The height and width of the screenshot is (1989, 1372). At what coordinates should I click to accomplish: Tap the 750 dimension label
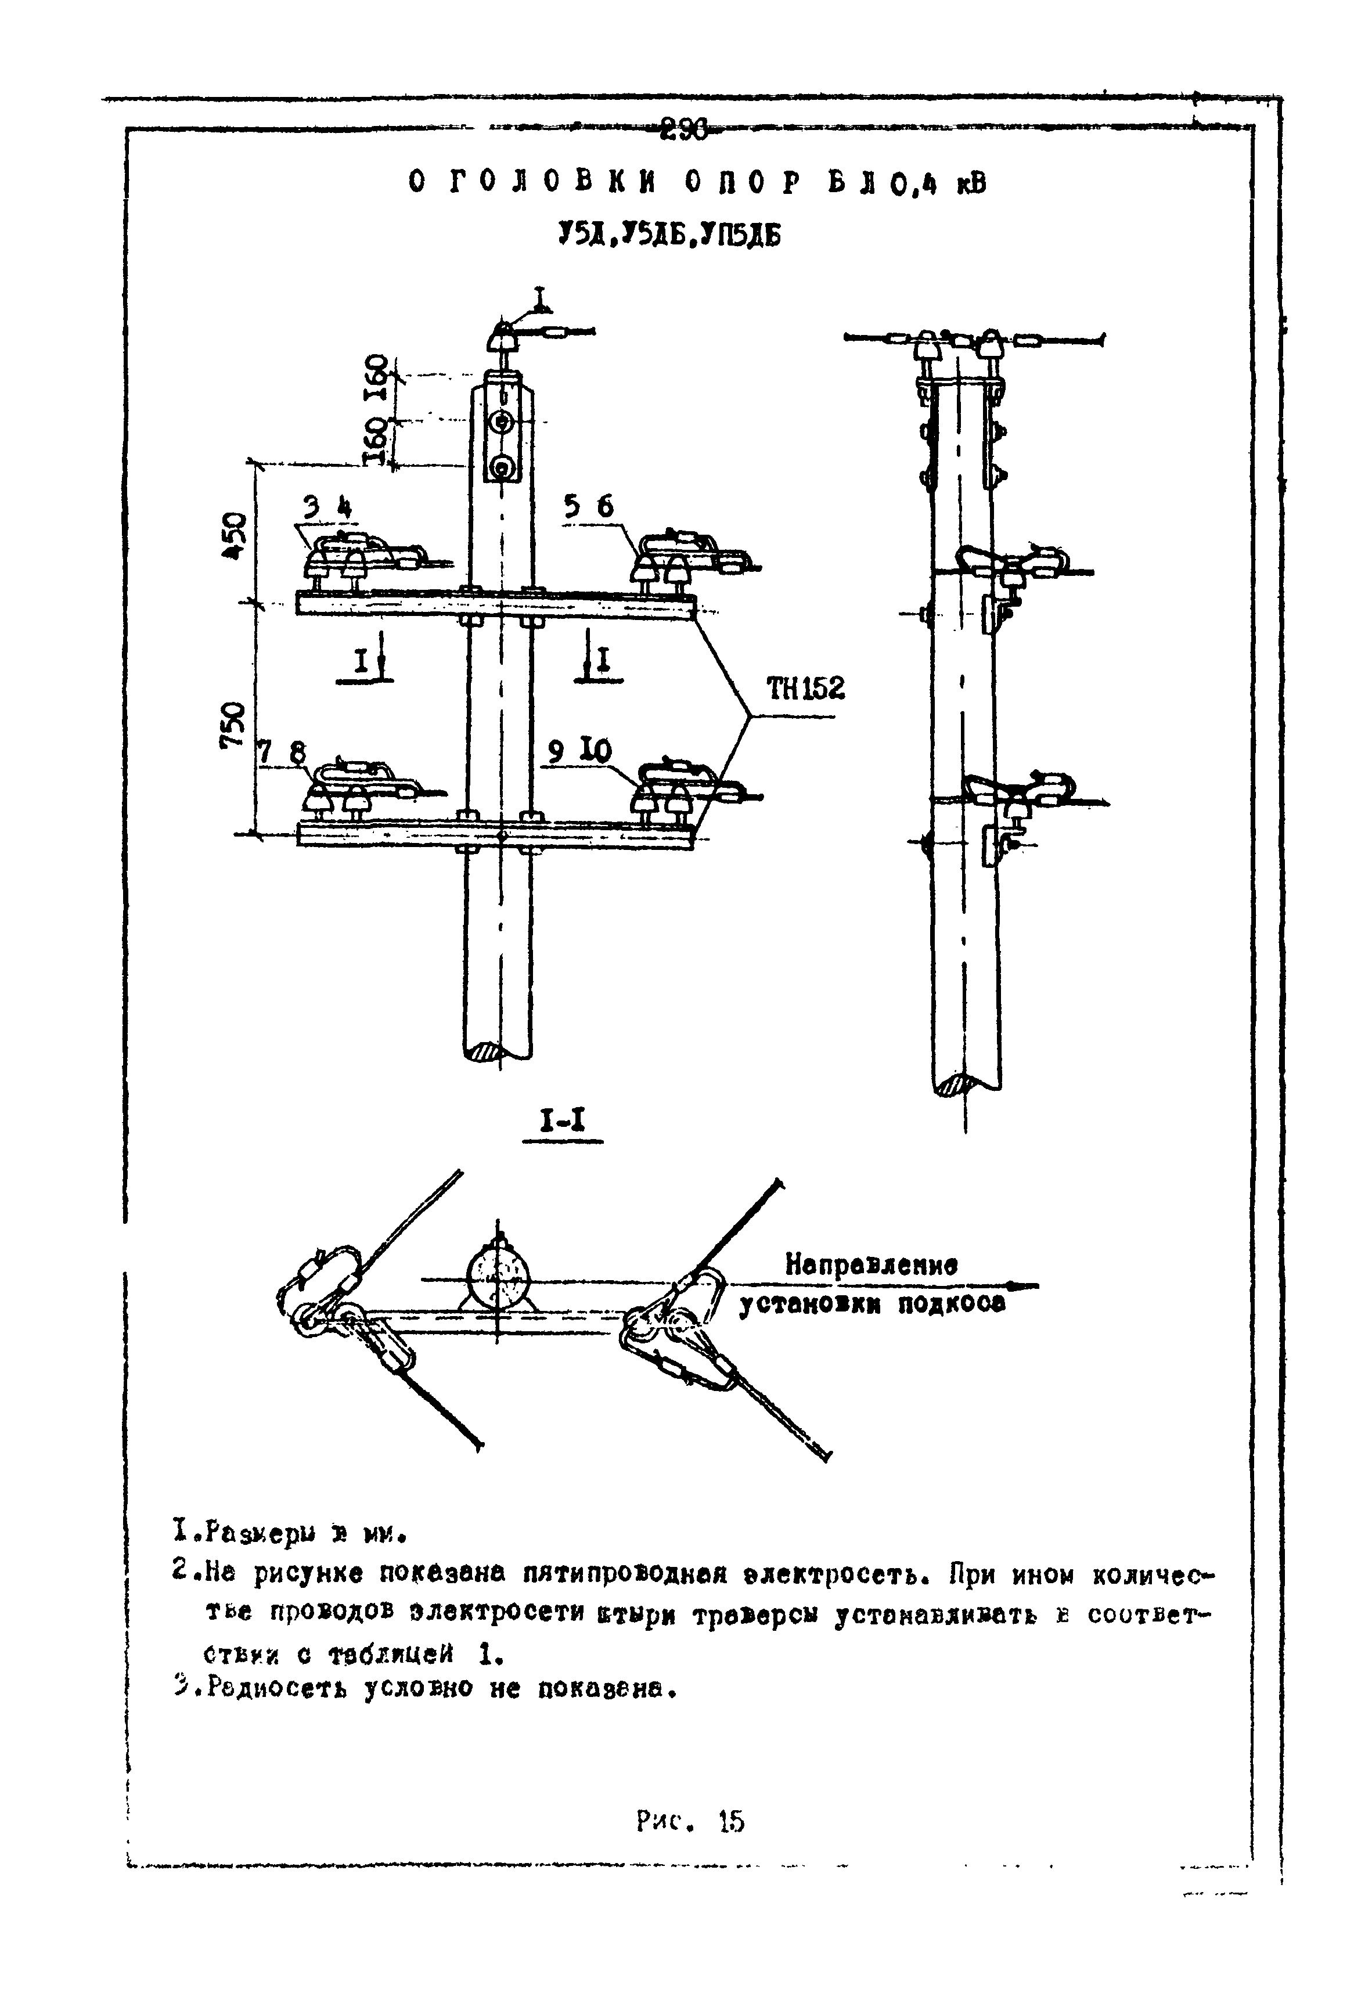235,725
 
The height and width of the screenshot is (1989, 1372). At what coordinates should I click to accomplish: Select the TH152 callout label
805,689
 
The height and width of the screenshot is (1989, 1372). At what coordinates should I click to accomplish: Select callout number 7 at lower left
265,753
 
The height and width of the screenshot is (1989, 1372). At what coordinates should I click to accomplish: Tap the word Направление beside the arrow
872,1265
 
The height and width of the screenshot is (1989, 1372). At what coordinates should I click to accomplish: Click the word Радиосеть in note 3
269,1688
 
